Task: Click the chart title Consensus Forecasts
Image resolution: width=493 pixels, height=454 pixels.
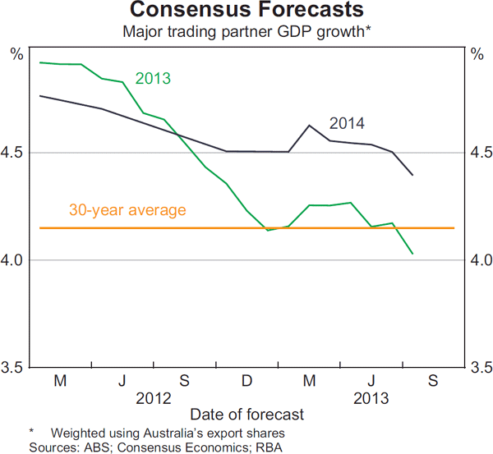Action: coord(246,11)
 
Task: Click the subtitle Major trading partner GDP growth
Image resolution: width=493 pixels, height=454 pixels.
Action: coord(246,32)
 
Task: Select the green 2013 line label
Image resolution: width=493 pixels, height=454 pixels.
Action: coord(152,79)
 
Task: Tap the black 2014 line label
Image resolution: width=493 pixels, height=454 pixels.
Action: coord(347,124)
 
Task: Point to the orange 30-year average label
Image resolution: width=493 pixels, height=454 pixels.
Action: coord(127,210)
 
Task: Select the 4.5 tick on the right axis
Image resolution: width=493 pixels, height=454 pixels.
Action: coord(478,153)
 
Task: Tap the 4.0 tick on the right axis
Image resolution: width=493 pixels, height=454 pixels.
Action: coord(478,260)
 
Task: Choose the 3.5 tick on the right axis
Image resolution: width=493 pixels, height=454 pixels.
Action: coord(478,367)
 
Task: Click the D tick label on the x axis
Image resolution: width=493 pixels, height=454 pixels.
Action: coord(246,381)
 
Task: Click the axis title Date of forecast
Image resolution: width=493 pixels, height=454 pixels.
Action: coord(246,415)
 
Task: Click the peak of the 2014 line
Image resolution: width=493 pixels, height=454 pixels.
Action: coord(309,125)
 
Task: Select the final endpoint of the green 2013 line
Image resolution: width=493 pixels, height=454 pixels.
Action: coord(412,254)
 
